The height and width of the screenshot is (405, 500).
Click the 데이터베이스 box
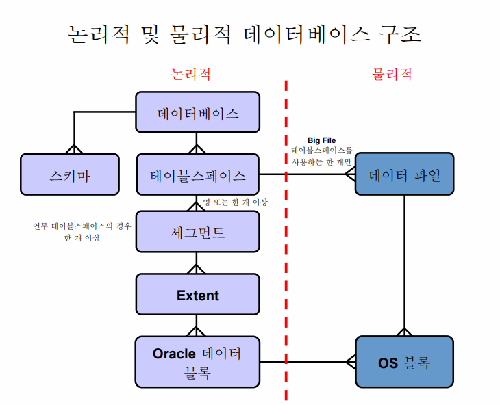coord(197,112)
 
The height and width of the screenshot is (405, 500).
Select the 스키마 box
coord(69,174)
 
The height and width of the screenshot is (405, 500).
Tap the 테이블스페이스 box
coord(197,174)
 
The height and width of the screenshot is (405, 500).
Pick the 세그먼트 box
coord(197,231)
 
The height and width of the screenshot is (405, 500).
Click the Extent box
coord(197,295)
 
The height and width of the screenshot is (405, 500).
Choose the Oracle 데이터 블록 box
coord(197,361)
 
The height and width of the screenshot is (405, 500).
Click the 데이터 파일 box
coord(404,174)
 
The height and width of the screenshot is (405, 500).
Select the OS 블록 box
coord(404,362)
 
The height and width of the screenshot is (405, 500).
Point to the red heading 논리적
coord(190,73)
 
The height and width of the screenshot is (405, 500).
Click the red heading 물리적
coord(392,73)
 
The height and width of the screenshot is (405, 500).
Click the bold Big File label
coord(321,140)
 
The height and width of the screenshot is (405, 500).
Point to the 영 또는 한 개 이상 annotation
coord(235,202)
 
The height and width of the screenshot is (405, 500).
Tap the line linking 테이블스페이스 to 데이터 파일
coord(308,174)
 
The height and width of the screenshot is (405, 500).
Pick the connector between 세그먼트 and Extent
coord(197,263)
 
